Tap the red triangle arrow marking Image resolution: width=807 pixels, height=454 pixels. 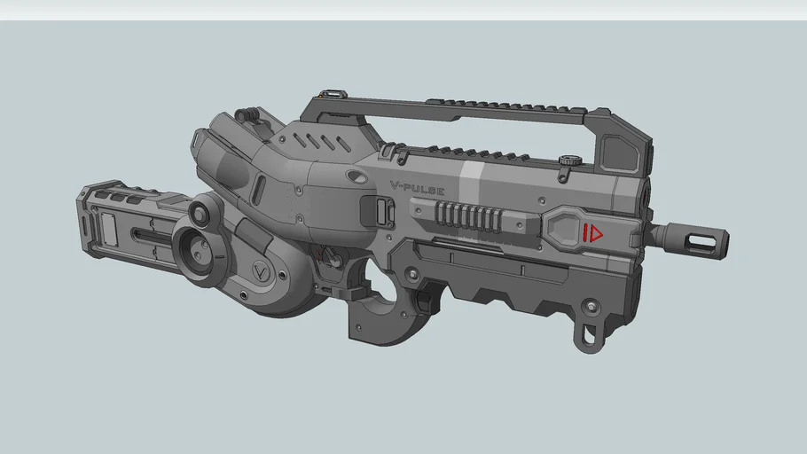coord(594,233)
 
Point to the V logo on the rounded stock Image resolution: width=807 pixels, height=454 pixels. coord(262,270)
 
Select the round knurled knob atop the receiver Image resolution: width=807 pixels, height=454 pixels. coord(570,161)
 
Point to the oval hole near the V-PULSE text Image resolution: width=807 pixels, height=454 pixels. coord(358,178)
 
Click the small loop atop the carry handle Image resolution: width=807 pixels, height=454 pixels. coord(333,93)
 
